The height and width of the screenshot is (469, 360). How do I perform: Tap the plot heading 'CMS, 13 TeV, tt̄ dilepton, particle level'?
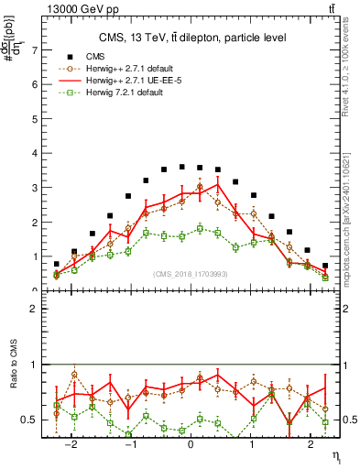point(192,38)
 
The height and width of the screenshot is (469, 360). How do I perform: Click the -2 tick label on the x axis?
point(71,442)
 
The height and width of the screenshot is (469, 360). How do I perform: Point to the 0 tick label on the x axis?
point(190,442)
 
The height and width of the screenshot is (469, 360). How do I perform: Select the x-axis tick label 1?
point(252,442)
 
